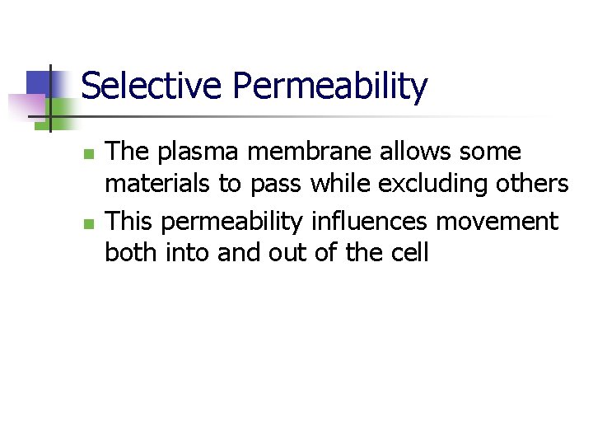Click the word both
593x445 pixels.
pyautogui.click(x=131, y=251)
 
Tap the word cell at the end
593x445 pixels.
pyautogui.click(x=410, y=251)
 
